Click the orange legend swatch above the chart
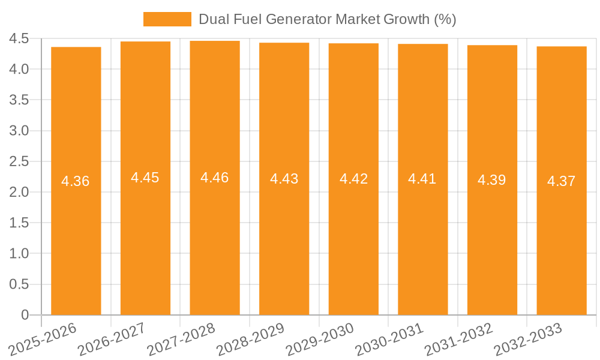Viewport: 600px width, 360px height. point(167,19)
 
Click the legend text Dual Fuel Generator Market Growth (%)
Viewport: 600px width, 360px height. point(327,19)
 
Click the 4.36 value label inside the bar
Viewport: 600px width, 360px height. point(76,181)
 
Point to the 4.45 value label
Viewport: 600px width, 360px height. point(145,178)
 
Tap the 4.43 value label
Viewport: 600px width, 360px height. point(284,179)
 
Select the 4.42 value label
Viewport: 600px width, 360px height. point(353,179)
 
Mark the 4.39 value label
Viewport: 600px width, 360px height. point(492,180)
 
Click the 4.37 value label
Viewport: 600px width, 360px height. point(562,181)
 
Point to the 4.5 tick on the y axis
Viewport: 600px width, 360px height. point(19,39)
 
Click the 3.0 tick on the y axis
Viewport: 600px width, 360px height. point(19,131)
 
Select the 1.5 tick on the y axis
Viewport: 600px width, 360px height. point(19,223)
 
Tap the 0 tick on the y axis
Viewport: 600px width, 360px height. point(25,315)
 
